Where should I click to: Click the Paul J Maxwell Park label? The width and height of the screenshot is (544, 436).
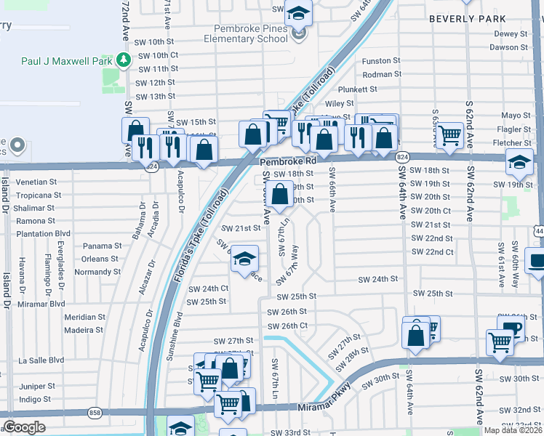[x=66, y=61]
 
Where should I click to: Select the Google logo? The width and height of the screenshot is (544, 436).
[x=24, y=427]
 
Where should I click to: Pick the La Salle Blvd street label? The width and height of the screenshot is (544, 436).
[x=41, y=360]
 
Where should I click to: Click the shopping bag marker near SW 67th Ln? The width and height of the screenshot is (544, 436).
[x=280, y=194]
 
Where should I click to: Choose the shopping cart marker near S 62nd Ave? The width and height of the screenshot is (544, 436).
[x=450, y=134]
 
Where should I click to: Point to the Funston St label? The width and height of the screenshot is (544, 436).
[x=382, y=61]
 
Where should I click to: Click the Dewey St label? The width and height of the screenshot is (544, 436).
[x=510, y=34]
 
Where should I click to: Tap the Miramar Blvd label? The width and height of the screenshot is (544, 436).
[x=41, y=304]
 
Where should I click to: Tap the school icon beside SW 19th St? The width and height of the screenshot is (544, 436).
[x=519, y=163]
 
